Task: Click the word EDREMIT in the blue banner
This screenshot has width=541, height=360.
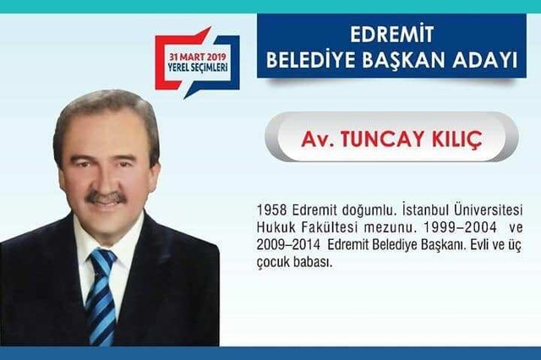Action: point(391,34)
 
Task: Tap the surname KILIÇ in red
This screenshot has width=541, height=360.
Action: point(456,139)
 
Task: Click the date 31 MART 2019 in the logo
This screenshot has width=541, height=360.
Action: point(197,57)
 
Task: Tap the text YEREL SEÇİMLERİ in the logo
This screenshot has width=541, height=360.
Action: point(198,67)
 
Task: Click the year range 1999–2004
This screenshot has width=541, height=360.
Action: point(460,227)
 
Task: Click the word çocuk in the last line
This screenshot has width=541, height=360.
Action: point(272,263)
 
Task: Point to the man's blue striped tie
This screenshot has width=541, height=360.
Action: point(101,296)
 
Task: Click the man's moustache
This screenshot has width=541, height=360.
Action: point(107,197)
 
